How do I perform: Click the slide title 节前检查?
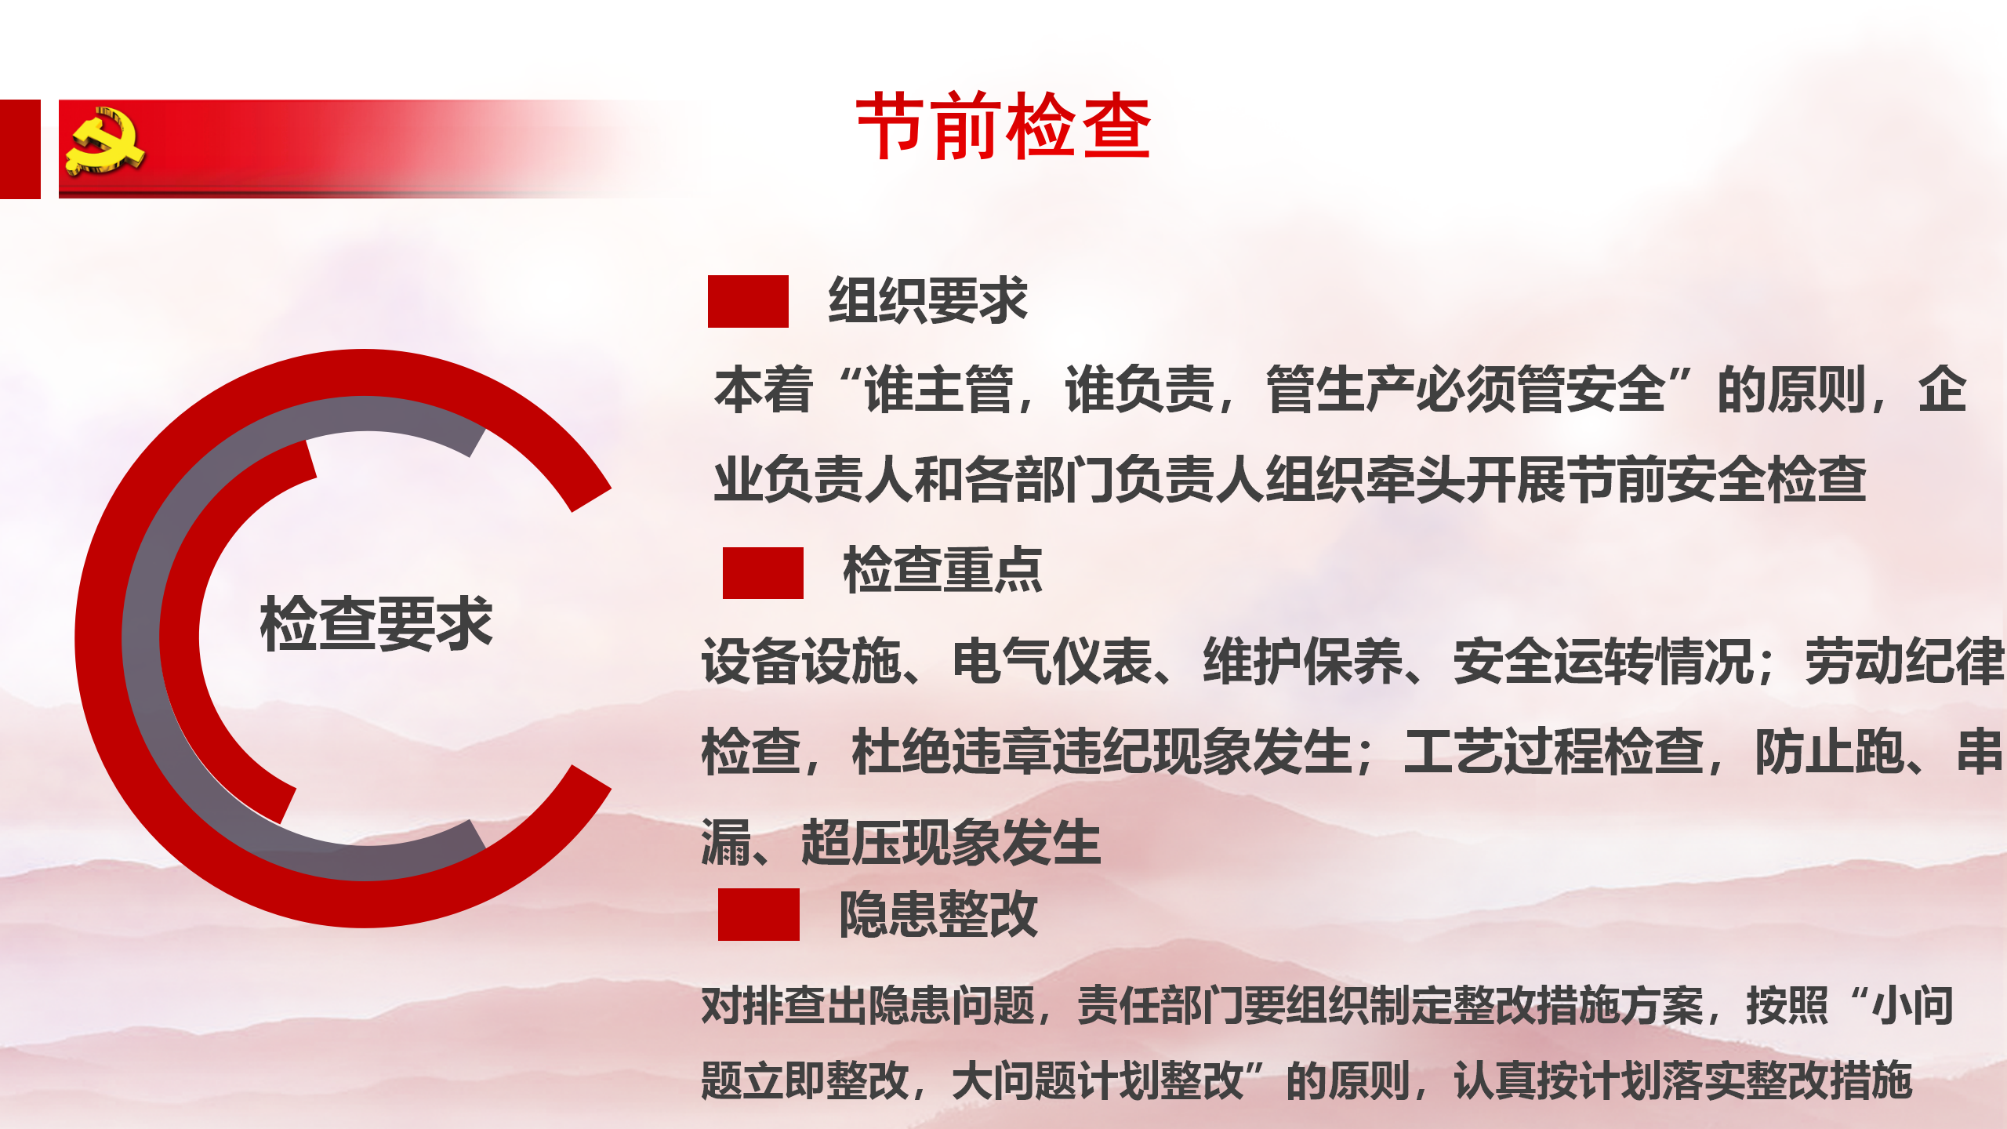1003,125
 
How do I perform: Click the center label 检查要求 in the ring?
376,624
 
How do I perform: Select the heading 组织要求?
927,300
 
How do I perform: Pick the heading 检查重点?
942,571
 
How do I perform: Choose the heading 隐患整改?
938,914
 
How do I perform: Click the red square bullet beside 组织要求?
748,301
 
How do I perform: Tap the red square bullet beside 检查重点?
763,573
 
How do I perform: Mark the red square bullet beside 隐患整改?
759,914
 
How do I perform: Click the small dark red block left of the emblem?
20,149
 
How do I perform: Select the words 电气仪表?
1052,661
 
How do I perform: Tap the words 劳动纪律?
1905,661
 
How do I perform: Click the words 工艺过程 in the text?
1504,752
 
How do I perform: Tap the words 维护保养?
1303,661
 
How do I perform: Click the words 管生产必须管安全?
1466,390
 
